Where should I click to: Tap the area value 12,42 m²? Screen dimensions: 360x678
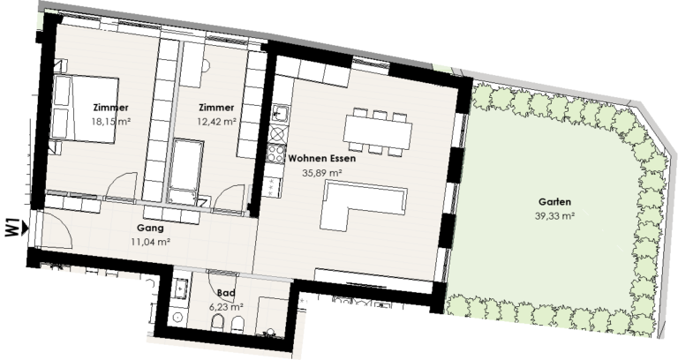pos(216,121)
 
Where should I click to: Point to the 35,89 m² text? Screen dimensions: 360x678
pos(322,174)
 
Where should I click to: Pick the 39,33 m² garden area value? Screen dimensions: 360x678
pos(555,215)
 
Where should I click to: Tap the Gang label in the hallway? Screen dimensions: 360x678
pos(150,227)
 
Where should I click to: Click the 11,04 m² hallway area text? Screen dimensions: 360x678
pos(150,241)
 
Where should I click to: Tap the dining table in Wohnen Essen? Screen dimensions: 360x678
pos(378,133)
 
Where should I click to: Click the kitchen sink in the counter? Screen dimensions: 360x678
pos(280,113)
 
